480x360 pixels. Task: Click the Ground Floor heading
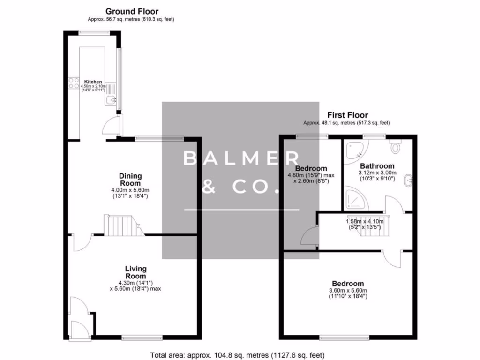pos(132,11)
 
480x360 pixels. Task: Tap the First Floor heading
pos(347,115)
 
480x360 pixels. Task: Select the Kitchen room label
pos(93,82)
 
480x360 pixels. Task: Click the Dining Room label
pos(130,180)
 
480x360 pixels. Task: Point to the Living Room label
pos(135,272)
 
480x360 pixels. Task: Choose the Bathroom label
pos(377,166)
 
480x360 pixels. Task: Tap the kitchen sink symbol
pos(111,100)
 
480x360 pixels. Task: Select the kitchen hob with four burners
pos(74,83)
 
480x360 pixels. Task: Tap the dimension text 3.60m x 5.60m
pos(348,291)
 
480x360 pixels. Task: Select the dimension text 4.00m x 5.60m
pos(130,190)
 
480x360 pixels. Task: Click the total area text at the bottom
pos(237,355)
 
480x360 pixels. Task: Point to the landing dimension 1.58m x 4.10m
pos(365,222)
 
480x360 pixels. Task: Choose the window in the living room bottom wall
pos(146,336)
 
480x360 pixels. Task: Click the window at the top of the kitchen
pos(94,32)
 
